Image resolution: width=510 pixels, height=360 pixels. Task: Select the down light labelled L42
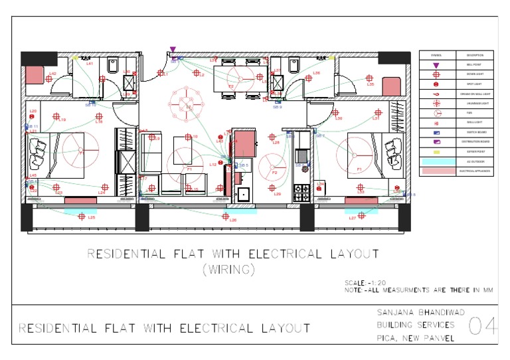pyautogui.click(x=49, y=79)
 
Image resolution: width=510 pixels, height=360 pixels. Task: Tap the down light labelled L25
pyautogui.click(x=82, y=217)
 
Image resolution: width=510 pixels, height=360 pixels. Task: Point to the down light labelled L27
pyautogui.click(x=362, y=215)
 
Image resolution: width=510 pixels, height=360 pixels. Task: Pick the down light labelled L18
pyautogui.click(x=99, y=116)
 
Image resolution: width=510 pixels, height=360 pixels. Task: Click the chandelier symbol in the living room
pyautogui.click(x=189, y=105)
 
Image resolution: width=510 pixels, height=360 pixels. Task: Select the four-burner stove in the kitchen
pyautogui.click(x=302, y=193)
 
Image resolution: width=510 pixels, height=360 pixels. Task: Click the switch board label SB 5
pyautogui.click(x=243, y=165)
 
